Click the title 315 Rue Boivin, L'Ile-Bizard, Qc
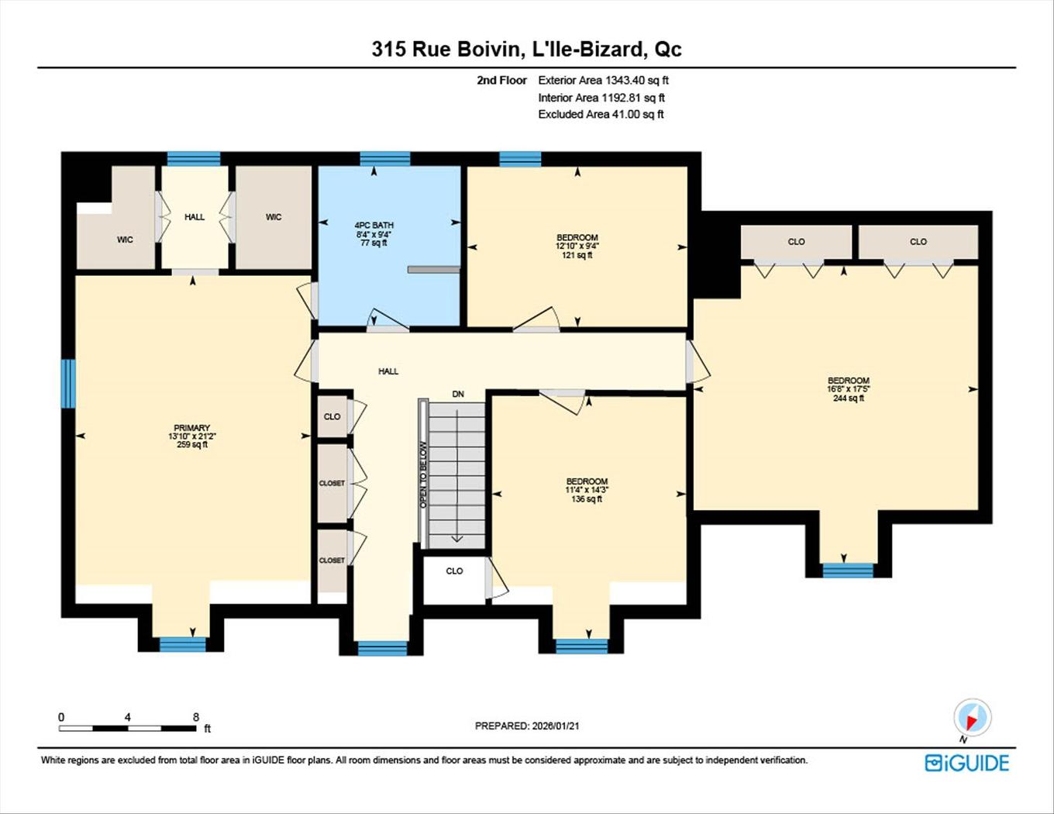(x=526, y=49)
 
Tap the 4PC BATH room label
(x=374, y=226)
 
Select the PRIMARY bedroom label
(x=191, y=428)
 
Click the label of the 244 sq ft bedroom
(x=848, y=381)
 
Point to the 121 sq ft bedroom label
(x=577, y=238)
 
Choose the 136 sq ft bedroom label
(x=587, y=481)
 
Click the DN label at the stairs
(x=458, y=394)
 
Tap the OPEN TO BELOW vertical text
(x=423, y=474)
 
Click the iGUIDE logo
(x=967, y=763)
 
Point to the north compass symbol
(x=972, y=718)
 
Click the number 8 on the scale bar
(x=196, y=717)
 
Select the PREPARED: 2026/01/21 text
(x=527, y=726)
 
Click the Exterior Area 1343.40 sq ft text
(x=603, y=80)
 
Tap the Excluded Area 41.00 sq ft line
(x=601, y=114)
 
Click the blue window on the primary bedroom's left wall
(x=68, y=383)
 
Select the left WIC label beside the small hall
(x=125, y=240)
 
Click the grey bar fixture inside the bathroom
(x=434, y=270)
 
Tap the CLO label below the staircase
(x=454, y=571)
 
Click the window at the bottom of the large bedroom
(x=848, y=571)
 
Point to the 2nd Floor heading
(x=501, y=80)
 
